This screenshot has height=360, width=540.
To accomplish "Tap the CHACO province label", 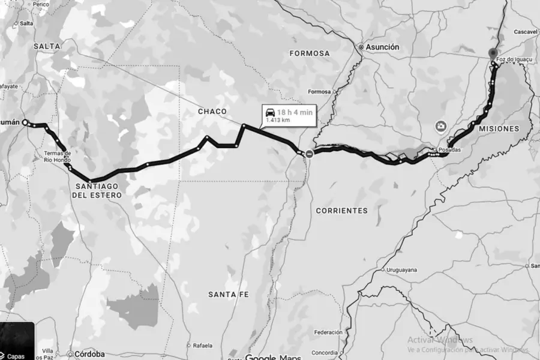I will [x=213, y=112].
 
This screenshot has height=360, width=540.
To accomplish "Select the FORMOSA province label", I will [x=310, y=53].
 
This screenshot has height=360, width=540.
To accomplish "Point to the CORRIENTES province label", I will [x=341, y=211].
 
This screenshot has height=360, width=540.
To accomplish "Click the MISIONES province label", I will [x=499, y=129].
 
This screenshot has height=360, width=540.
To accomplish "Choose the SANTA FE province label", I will [x=229, y=294].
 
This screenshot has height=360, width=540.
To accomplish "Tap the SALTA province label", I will [x=47, y=46].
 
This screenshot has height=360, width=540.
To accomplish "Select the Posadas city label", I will [x=450, y=150].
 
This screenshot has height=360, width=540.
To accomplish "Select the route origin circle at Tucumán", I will [x=25, y=122].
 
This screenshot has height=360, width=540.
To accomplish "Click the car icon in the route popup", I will [x=270, y=112].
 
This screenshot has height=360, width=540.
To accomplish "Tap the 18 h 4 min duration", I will [x=295, y=112].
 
